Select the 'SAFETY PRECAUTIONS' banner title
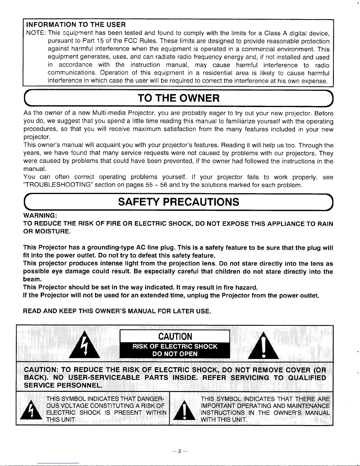click(x=178, y=202)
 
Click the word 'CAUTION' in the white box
click(x=175, y=336)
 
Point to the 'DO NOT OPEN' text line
click(x=175, y=354)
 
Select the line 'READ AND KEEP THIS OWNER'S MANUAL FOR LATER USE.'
click(x=117, y=311)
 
